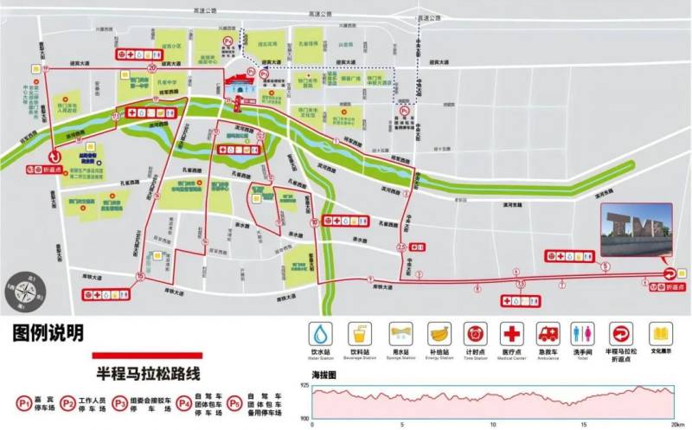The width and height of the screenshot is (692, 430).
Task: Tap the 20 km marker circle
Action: coord(152,66)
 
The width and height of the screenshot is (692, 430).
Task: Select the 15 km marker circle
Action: coord(139,276)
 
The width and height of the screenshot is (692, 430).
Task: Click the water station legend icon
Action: coord(321,334)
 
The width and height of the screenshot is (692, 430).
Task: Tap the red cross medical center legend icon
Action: coord(512,334)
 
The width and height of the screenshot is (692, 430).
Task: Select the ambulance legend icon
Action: coord(549,334)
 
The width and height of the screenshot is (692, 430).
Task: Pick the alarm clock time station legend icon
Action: coord(474,334)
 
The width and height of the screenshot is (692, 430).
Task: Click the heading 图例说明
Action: coord(48,333)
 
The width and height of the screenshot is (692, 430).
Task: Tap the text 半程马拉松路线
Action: coord(148,374)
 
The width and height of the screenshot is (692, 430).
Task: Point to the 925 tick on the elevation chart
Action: coord(304,384)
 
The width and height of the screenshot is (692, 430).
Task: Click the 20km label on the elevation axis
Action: coord(676,424)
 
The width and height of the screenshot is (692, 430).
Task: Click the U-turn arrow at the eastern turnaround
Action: coord(670,274)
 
